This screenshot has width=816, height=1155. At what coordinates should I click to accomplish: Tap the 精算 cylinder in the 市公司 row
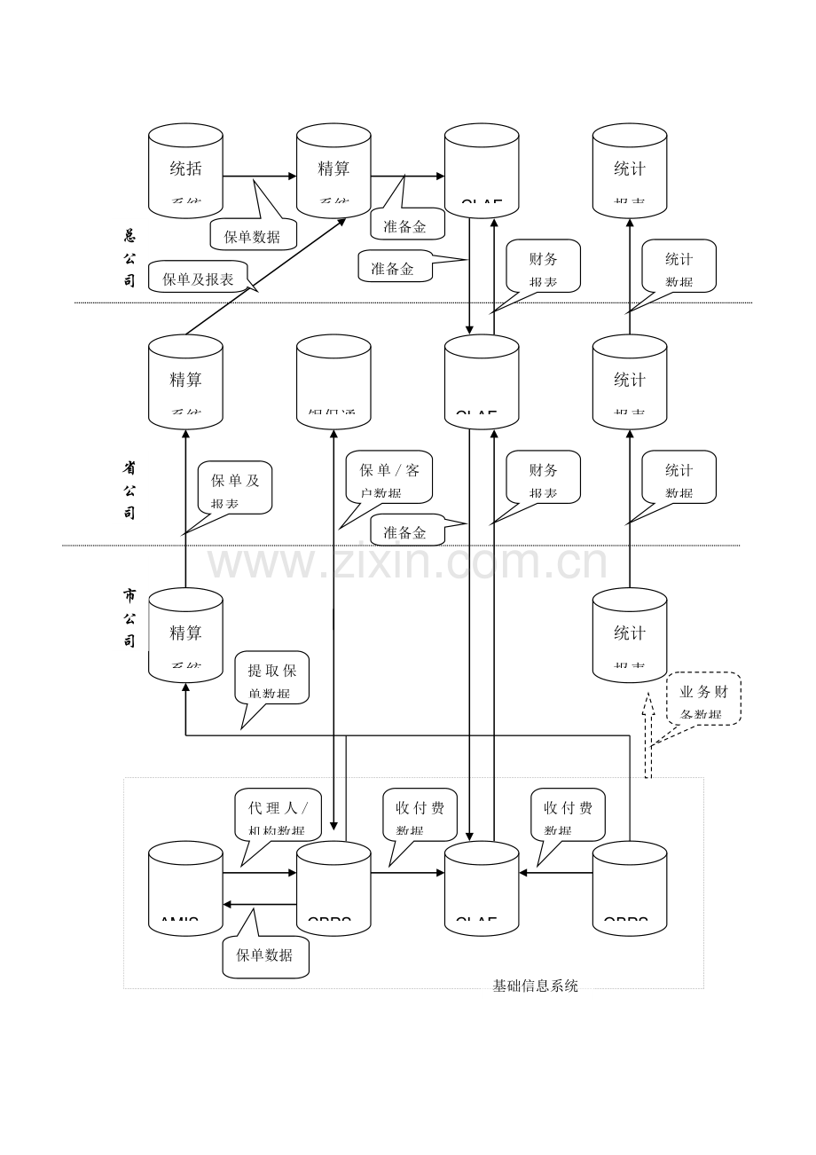coord(185,635)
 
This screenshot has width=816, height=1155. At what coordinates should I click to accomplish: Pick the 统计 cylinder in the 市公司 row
coord(630,635)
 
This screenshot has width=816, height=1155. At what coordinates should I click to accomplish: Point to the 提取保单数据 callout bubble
coord(272,680)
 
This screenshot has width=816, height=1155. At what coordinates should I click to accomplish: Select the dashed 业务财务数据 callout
coord(703,699)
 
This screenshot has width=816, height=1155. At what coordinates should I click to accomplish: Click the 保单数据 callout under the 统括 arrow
coord(253,235)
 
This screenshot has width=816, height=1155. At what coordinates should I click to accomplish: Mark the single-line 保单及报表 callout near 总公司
coord(197,278)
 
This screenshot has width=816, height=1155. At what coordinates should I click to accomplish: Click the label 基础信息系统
coord(535,986)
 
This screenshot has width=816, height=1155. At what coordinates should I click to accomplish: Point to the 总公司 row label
coord(129,258)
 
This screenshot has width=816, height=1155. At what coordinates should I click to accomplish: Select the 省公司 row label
coord(129,490)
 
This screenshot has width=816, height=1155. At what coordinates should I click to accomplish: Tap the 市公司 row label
coord(129,617)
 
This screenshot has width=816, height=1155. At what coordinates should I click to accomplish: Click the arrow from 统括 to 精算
coord(259,176)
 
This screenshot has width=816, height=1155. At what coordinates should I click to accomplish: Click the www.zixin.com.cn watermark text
coord(407,563)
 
